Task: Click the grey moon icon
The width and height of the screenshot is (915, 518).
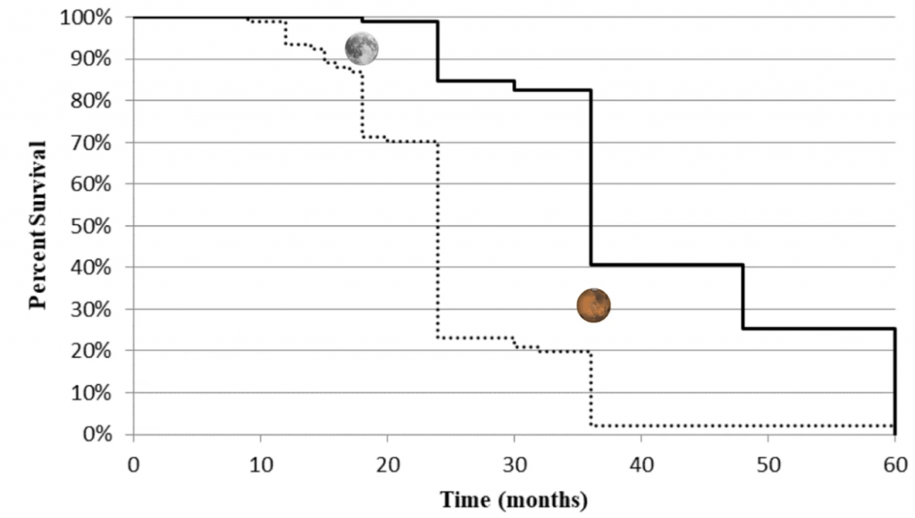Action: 362,48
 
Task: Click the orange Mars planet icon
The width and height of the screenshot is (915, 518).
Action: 593,305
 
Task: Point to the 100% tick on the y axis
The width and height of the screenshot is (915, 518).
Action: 88,17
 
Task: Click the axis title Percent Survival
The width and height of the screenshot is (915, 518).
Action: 38,226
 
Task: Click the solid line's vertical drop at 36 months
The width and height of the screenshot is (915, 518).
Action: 591,179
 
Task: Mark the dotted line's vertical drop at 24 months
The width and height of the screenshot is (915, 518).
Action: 438,241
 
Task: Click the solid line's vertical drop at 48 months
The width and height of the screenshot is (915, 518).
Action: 743,297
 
